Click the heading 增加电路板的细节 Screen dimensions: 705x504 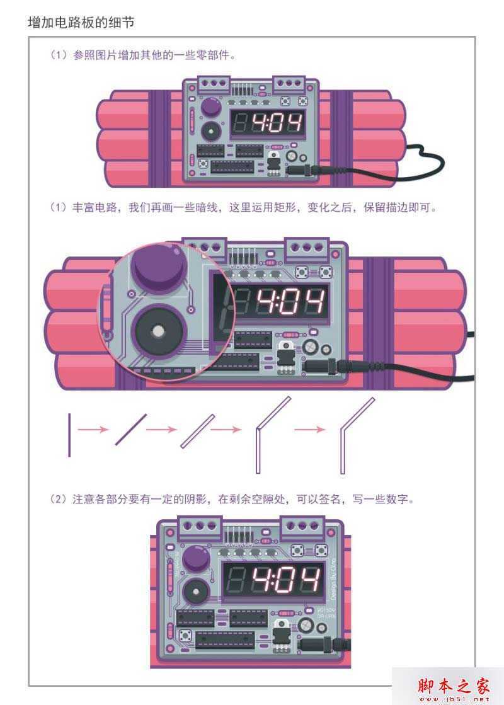tap(81, 23)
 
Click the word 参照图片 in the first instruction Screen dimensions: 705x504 tap(96, 55)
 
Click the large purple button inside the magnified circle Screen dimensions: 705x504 tap(157, 268)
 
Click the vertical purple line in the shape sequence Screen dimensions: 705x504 tap(69, 435)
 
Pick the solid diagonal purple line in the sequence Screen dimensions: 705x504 tap(131, 430)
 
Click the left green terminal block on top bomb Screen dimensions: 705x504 tap(212, 84)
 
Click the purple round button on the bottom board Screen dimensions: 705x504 tap(197, 559)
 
